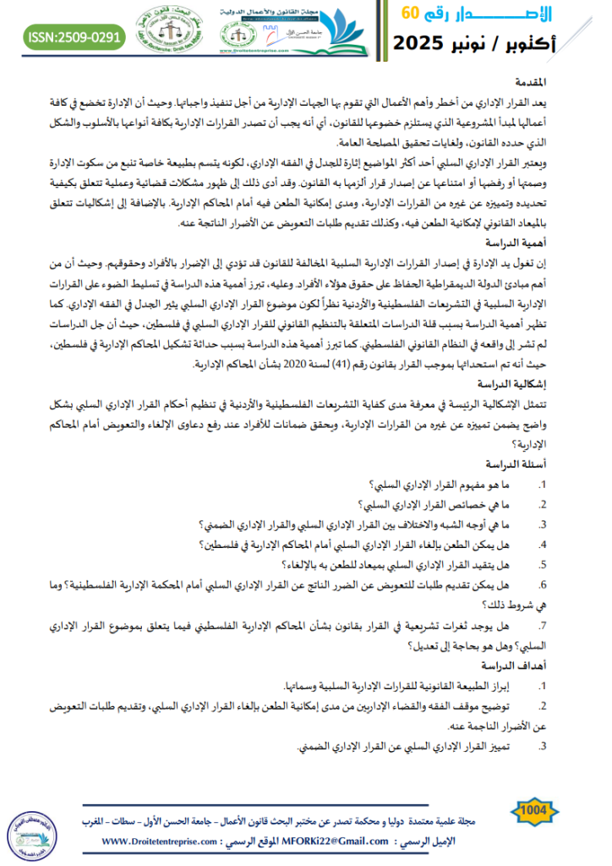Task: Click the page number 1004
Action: (x=534, y=812)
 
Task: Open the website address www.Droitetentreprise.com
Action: (x=161, y=841)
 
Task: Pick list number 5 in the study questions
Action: (x=543, y=564)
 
